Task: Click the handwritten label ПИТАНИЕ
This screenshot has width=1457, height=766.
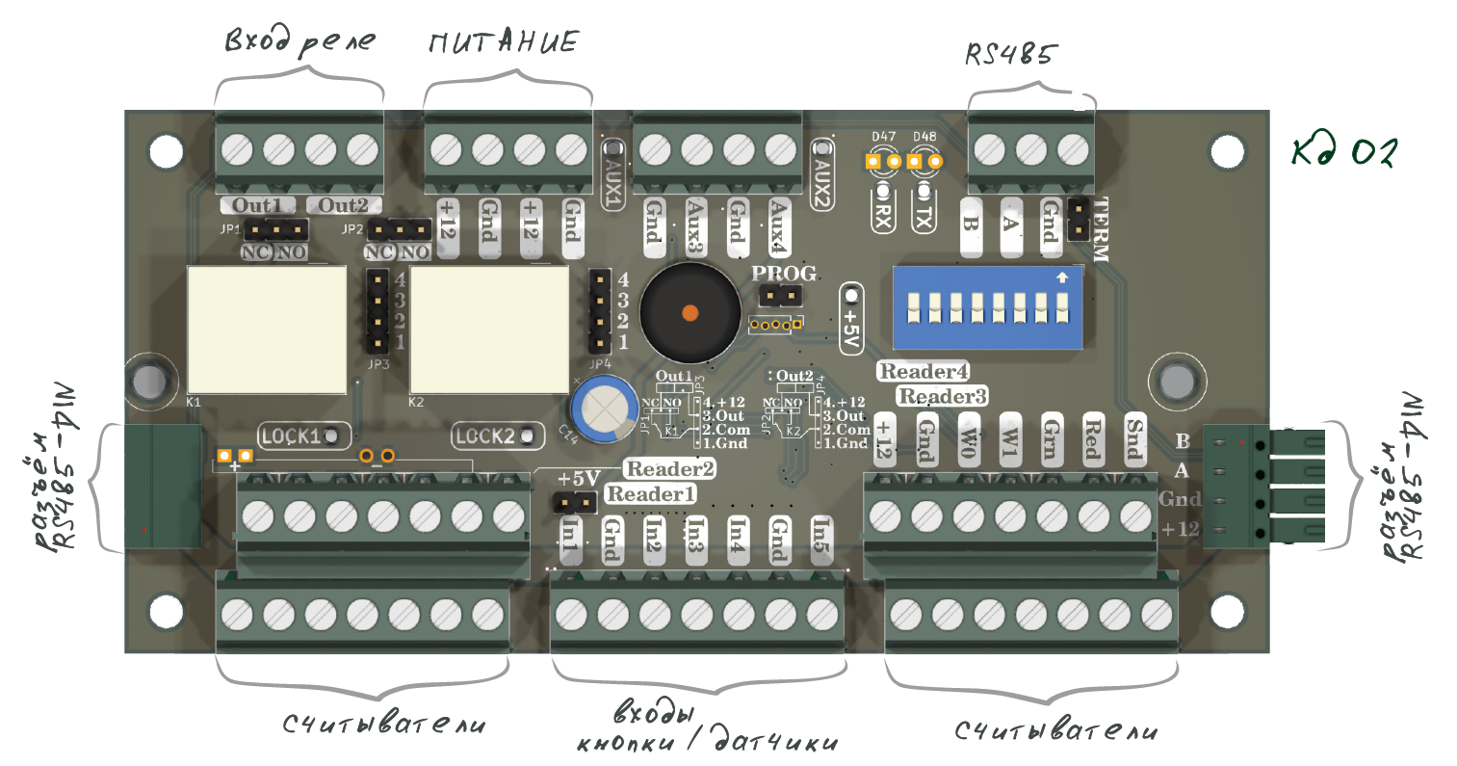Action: (504, 43)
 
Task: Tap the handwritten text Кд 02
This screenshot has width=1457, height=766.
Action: (1344, 152)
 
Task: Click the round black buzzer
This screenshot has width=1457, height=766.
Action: (689, 311)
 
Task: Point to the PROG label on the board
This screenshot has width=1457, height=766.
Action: (784, 274)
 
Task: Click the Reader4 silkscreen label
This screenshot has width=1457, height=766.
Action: (924, 371)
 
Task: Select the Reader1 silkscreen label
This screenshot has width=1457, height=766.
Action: (651, 494)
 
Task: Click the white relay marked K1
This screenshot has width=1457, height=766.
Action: (267, 328)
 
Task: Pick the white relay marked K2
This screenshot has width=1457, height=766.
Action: (490, 328)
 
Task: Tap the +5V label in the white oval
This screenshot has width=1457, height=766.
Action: (851, 319)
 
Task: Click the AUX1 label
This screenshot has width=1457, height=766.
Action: (612, 180)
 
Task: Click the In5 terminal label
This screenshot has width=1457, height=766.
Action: (820, 539)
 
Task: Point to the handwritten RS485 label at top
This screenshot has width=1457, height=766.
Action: (1010, 55)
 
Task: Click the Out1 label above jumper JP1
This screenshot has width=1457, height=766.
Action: (258, 205)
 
